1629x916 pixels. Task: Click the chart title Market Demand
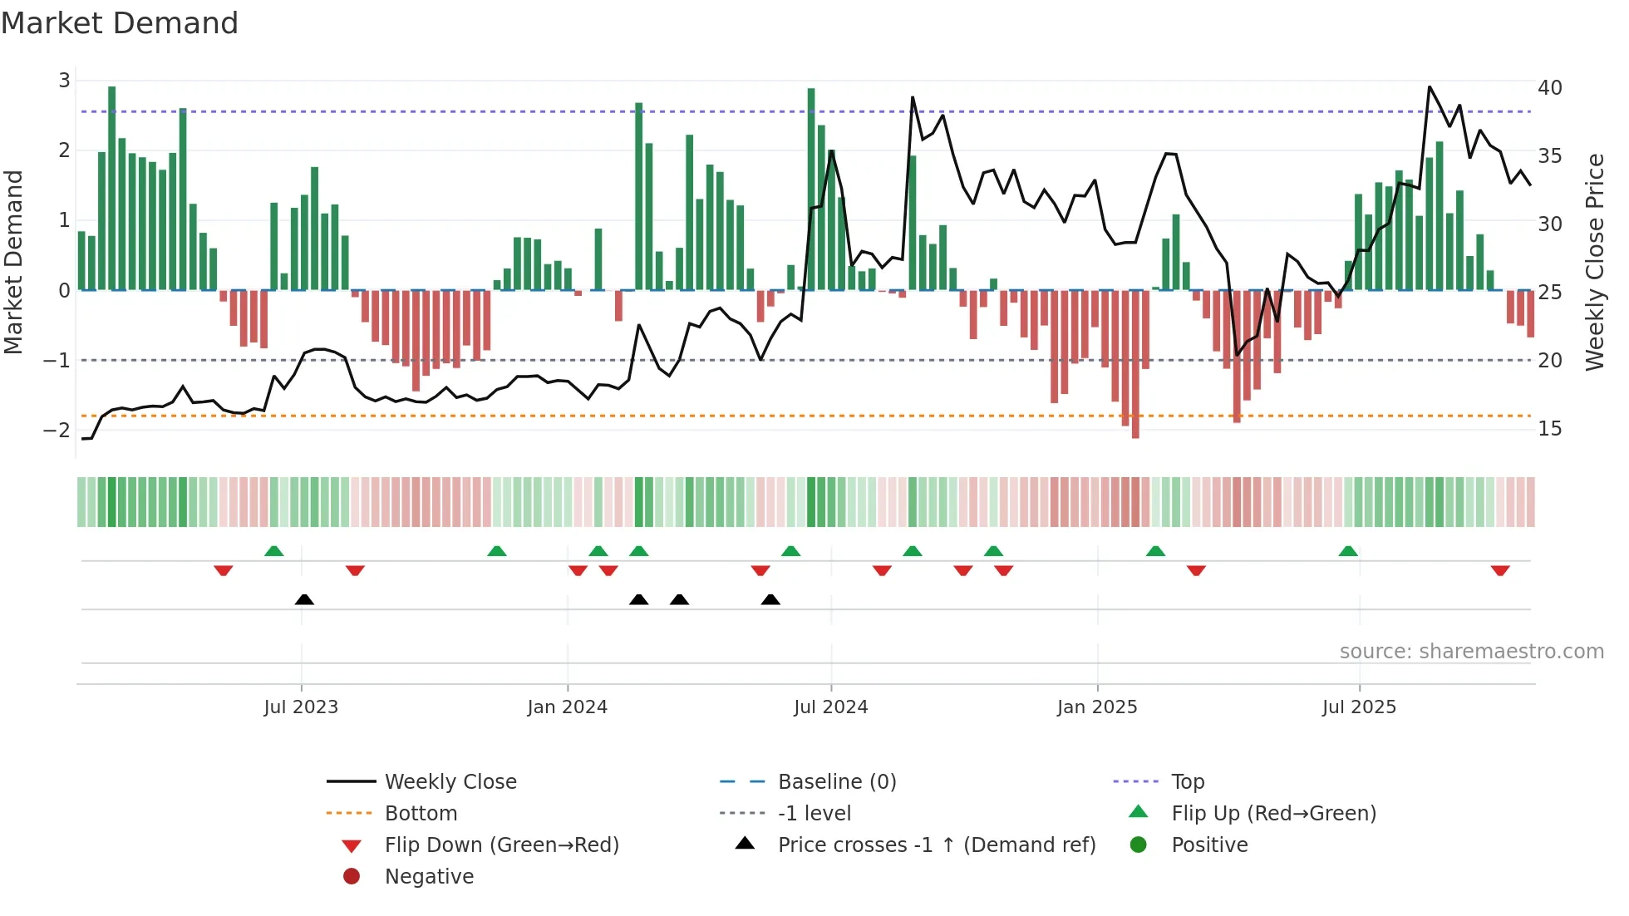pos(120,23)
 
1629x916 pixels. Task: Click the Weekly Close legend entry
pos(450,781)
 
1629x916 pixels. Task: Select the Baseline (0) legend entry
pos(836,781)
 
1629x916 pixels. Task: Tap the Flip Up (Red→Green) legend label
pos(1273,813)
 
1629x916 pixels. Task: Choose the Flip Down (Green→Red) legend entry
pos(501,845)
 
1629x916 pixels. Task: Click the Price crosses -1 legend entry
pos(936,845)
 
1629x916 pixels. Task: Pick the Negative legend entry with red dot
pos(429,876)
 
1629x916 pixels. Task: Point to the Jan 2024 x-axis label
pos(567,707)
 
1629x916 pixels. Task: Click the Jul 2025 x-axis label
pos(1359,707)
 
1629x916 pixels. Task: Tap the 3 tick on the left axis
pos(64,81)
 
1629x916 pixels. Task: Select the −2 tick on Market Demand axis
pos(57,430)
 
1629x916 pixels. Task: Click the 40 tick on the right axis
pos(1549,87)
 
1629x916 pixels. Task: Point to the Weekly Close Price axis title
pos(1594,262)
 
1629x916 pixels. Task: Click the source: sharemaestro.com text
pos(1471,651)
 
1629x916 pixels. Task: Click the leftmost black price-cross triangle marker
pos(304,599)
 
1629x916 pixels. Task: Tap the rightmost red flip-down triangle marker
pos(1499,570)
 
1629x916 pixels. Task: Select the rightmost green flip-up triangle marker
pos(1348,551)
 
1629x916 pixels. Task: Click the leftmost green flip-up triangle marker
pos(273,551)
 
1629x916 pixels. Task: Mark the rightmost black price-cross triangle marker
pos(770,599)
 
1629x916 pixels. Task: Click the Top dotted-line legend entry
pos(1187,781)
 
